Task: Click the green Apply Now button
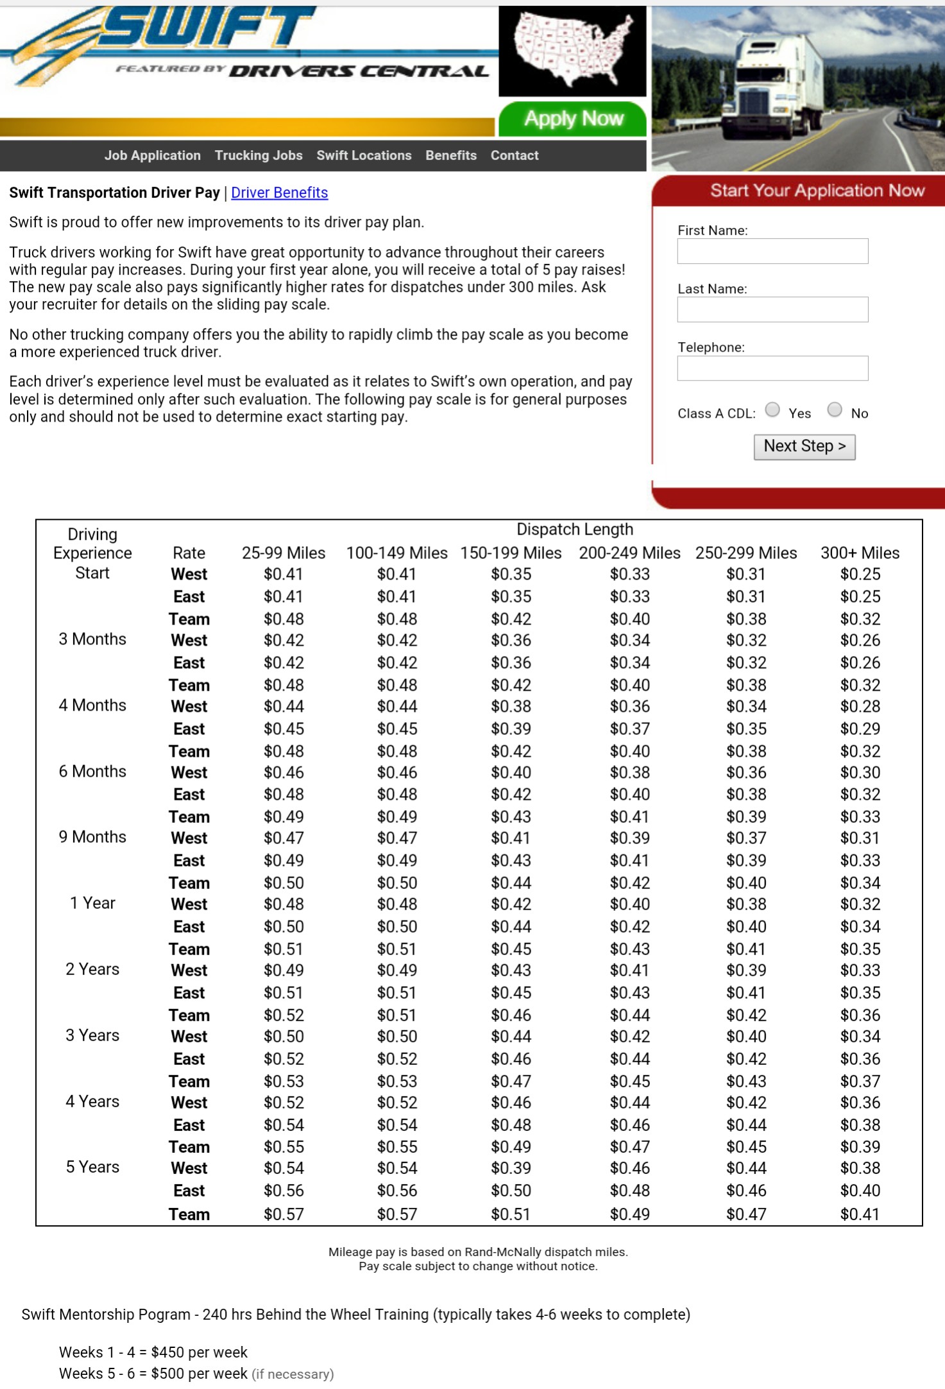tap(573, 119)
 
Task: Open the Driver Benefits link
tap(279, 193)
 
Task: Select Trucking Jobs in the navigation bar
tap(259, 155)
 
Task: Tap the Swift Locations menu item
tap(364, 155)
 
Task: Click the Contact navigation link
tap(514, 155)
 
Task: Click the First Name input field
tap(772, 251)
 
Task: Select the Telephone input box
tap(772, 368)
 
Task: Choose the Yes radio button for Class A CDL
tap(773, 410)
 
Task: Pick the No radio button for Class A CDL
tap(835, 410)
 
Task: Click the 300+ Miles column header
tap(860, 553)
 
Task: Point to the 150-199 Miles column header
tap(511, 553)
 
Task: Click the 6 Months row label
tap(92, 772)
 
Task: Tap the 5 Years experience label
tap(92, 1167)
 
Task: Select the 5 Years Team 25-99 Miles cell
tap(284, 1214)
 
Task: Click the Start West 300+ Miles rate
tap(860, 574)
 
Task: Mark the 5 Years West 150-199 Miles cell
tap(511, 1168)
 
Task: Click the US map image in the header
tap(572, 50)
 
